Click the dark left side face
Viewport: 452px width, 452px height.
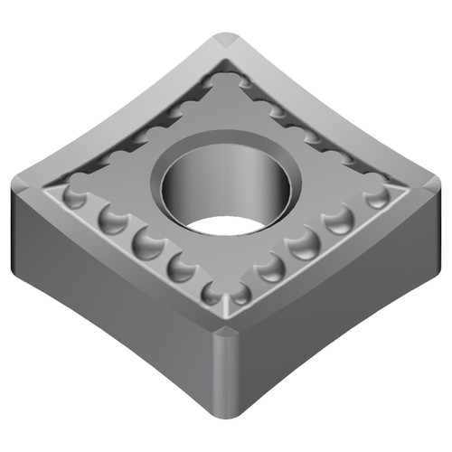(x=108, y=298)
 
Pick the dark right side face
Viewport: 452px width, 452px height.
(x=344, y=298)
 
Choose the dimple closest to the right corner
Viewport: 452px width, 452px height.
(x=372, y=197)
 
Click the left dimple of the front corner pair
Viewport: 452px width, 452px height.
(x=213, y=291)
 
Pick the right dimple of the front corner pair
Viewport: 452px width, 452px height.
(x=240, y=291)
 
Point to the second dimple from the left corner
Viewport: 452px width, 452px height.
(x=112, y=219)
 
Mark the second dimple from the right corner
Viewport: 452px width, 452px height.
(x=336, y=220)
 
